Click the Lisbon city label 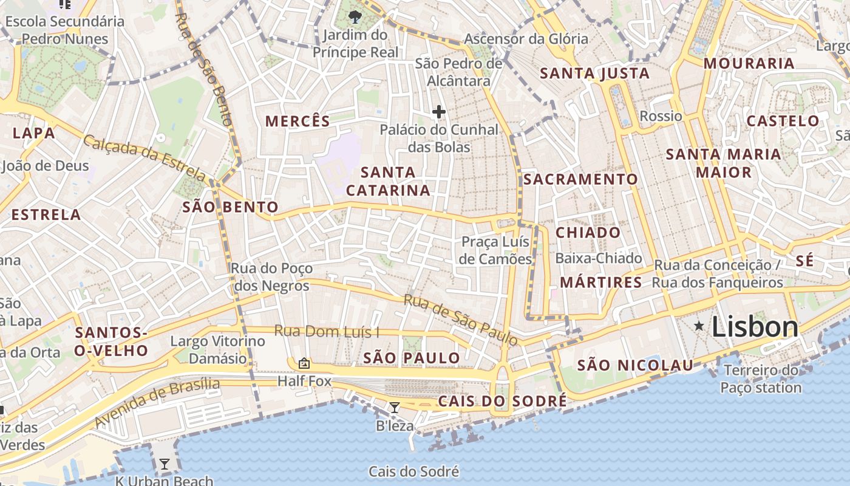[x=755, y=327]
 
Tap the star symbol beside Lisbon [x=699, y=327]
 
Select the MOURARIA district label [x=749, y=63]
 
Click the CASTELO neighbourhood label [x=783, y=121]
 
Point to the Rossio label [x=661, y=116]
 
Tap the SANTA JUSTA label [x=594, y=74]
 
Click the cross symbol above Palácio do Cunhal [x=438, y=112]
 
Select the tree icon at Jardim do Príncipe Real [x=355, y=16]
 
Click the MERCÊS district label [x=297, y=121]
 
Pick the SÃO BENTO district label [x=230, y=207]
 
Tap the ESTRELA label [x=46, y=214]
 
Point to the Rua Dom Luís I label [x=327, y=332]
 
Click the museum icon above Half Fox [x=304, y=363]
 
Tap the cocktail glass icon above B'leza [x=395, y=408]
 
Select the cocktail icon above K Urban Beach [x=164, y=465]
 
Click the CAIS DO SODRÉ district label [x=502, y=401]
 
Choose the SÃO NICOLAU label [x=634, y=365]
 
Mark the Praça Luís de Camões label [x=496, y=250]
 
